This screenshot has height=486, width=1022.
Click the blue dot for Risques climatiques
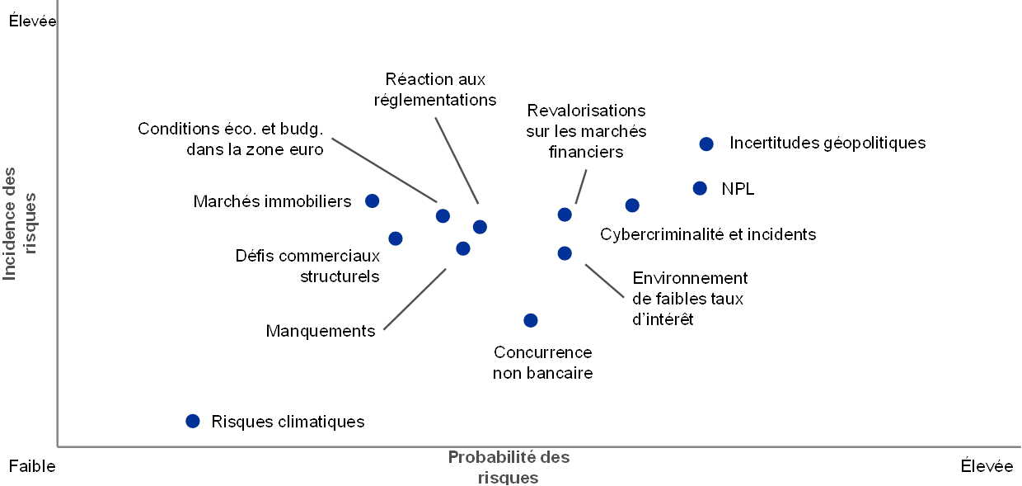[193, 421]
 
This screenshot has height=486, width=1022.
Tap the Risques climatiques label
[289, 422]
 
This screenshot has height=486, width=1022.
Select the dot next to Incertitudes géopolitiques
[706, 144]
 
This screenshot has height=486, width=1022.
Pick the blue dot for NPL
[700, 188]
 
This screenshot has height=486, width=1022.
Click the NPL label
[734, 188]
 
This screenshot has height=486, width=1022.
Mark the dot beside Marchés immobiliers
[373, 201]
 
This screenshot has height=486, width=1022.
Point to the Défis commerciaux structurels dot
[396, 238]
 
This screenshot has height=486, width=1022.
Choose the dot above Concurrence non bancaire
[531, 320]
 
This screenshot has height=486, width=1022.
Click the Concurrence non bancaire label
[544, 362]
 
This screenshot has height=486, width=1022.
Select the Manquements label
[322, 331]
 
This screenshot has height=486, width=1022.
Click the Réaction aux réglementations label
[436, 90]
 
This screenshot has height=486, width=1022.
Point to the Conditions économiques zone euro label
[231, 139]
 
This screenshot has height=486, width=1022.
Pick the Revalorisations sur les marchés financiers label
[586, 131]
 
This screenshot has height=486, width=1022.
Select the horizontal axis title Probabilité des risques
[509, 467]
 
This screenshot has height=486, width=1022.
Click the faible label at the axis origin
[37, 467]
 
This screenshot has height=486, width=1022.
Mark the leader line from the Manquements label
[415, 298]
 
